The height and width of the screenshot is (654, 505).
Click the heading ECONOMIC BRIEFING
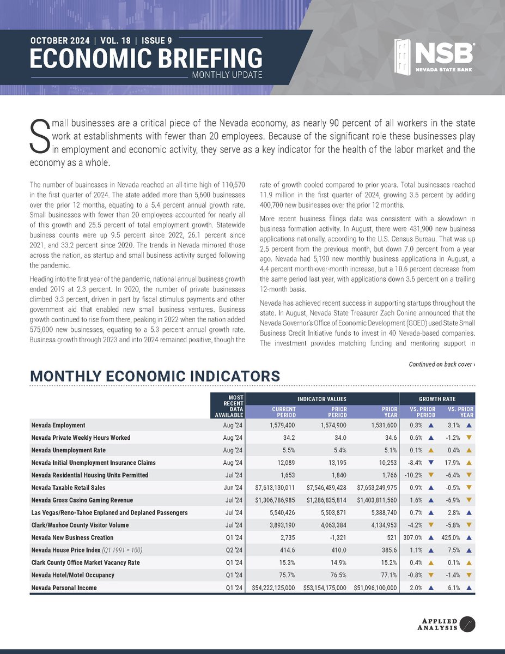click(x=145, y=58)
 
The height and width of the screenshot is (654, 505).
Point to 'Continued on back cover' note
click(x=441, y=364)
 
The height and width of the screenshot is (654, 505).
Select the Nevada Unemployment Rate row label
click(x=68, y=450)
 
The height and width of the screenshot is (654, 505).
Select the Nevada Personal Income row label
click(x=63, y=589)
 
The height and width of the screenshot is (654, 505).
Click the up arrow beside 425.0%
click(x=469, y=538)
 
